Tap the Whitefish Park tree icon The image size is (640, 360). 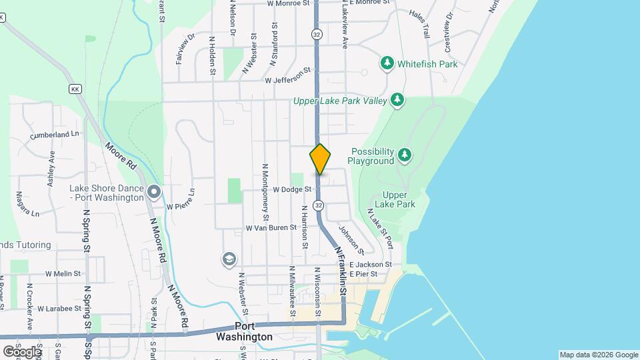click(387, 63)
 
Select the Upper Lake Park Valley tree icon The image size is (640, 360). click(397, 100)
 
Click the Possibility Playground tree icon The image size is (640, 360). click(404, 155)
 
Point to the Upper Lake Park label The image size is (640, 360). click(395, 199)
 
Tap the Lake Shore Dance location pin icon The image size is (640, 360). click(154, 193)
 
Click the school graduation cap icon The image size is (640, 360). click(229, 259)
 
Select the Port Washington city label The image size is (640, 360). click(244, 332)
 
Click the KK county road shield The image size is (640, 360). click(74, 88)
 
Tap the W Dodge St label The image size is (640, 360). click(292, 189)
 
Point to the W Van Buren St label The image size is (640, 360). click(271, 227)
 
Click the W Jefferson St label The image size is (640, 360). click(288, 79)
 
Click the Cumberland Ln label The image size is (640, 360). click(54, 135)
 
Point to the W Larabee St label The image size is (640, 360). click(59, 309)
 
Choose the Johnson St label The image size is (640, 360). click(351, 240)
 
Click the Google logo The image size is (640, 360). click(22, 351)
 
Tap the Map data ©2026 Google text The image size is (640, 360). click(598, 355)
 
